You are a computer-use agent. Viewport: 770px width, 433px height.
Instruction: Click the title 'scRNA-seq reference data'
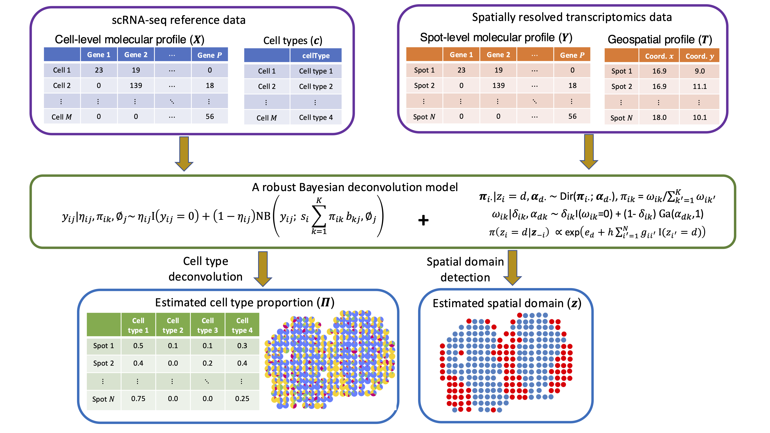178,20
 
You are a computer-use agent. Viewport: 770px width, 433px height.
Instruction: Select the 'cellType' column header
316,56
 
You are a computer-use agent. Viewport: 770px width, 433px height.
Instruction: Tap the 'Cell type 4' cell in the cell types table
316,117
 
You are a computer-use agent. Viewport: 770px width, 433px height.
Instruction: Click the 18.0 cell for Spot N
659,117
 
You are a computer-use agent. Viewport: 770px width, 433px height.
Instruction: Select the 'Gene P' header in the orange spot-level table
572,55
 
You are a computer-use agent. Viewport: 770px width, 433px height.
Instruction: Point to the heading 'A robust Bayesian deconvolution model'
355,187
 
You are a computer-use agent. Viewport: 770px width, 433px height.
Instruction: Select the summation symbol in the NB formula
319,216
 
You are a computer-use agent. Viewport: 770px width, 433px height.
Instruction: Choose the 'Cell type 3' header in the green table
208,325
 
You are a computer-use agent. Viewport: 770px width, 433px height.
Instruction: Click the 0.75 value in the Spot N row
138,399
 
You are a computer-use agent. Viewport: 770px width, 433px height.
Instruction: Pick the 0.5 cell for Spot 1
138,346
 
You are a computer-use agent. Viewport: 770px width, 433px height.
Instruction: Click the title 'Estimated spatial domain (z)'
507,303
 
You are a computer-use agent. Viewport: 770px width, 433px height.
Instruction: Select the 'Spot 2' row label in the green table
103,363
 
